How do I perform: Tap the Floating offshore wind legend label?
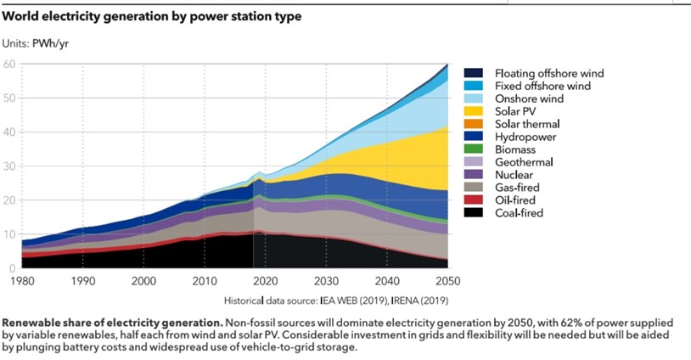(549, 74)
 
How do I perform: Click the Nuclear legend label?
(515, 175)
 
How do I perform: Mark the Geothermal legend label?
(525, 162)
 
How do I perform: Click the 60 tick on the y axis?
(9, 64)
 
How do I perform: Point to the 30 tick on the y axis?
(9, 166)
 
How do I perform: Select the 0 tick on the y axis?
(13, 268)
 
